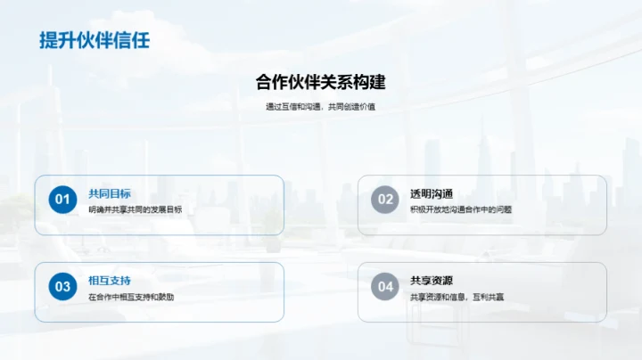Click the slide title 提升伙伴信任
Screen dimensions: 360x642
tap(95, 40)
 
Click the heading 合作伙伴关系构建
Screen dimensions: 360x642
tap(320, 83)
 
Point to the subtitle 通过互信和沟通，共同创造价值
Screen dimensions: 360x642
tap(320, 107)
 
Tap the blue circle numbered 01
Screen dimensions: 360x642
tap(62, 200)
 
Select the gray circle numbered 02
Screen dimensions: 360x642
tap(385, 200)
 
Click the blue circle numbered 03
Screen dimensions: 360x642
tap(62, 286)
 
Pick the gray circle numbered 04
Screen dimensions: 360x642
tap(385, 286)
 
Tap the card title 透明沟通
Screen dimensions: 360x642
tap(432, 193)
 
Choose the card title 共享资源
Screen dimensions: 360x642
tap(432, 281)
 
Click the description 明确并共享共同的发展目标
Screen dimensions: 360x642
tap(136, 209)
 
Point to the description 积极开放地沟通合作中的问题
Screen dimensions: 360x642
tap(461, 209)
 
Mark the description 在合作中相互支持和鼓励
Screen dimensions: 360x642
tap(131, 296)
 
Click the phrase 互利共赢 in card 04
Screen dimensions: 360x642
tap(487, 296)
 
